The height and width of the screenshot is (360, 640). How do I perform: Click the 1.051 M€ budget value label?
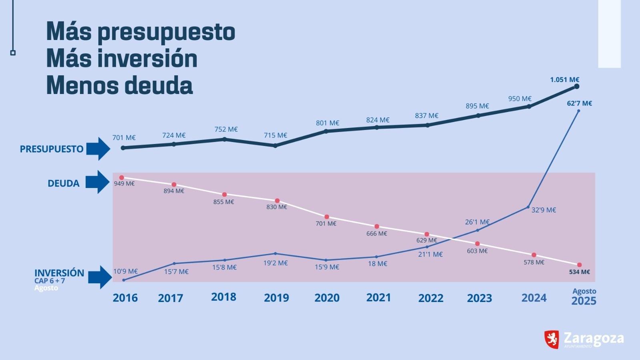[564, 80]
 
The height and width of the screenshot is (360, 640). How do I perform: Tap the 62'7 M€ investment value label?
[579, 103]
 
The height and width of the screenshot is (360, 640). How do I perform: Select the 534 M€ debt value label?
[579, 272]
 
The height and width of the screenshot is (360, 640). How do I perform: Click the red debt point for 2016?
[122, 178]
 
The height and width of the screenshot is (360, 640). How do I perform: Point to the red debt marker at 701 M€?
[327, 217]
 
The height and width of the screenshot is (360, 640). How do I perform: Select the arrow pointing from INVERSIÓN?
[100, 277]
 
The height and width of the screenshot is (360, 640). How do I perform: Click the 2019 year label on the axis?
[276, 298]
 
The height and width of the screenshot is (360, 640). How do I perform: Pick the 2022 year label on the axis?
[431, 298]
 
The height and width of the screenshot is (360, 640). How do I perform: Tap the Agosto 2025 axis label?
[584, 297]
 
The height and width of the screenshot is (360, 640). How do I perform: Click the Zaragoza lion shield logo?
[552, 339]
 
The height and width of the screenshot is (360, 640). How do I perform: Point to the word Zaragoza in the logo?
[594, 338]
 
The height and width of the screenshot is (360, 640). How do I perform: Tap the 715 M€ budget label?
[275, 135]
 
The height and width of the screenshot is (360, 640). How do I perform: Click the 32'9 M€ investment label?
[544, 210]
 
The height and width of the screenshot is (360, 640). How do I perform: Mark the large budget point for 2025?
[576, 86]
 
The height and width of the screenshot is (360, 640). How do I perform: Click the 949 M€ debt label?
[124, 184]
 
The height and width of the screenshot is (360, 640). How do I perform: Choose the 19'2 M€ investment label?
[276, 263]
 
